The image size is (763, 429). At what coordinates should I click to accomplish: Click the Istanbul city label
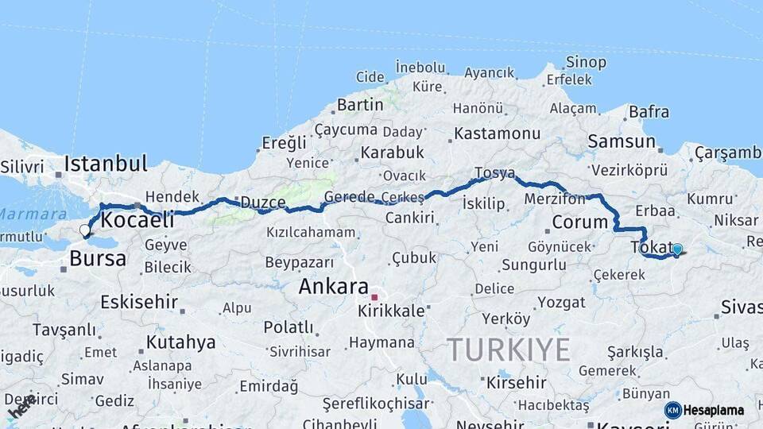tap(106, 164)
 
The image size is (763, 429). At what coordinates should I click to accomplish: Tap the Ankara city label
tap(333, 287)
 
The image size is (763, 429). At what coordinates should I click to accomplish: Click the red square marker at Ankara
tap(374, 297)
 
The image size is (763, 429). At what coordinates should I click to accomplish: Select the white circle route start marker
tap(85, 230)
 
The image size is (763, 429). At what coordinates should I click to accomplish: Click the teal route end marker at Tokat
tap(677, 249)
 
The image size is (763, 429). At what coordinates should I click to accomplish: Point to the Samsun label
tap(622, 142)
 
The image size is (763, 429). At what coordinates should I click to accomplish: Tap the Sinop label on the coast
tap(586, 62)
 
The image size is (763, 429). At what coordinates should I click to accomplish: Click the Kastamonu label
tap(497, 133)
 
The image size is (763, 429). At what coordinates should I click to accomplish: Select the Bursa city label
tap(98, 258)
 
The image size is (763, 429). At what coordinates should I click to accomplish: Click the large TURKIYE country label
tap(509, 350)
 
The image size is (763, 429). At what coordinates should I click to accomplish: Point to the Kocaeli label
tap(137, 220)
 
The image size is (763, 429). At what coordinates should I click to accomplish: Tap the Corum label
tap(579, 222)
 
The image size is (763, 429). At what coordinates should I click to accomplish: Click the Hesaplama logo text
tap(714, 410)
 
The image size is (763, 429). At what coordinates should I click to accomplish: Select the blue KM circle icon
tap(672, 410)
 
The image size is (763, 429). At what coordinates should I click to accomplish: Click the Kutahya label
tap(180, 342)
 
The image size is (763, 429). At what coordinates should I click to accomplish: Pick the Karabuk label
tap(392, 153)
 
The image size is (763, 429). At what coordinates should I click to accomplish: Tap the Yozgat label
tap(561, 303)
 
